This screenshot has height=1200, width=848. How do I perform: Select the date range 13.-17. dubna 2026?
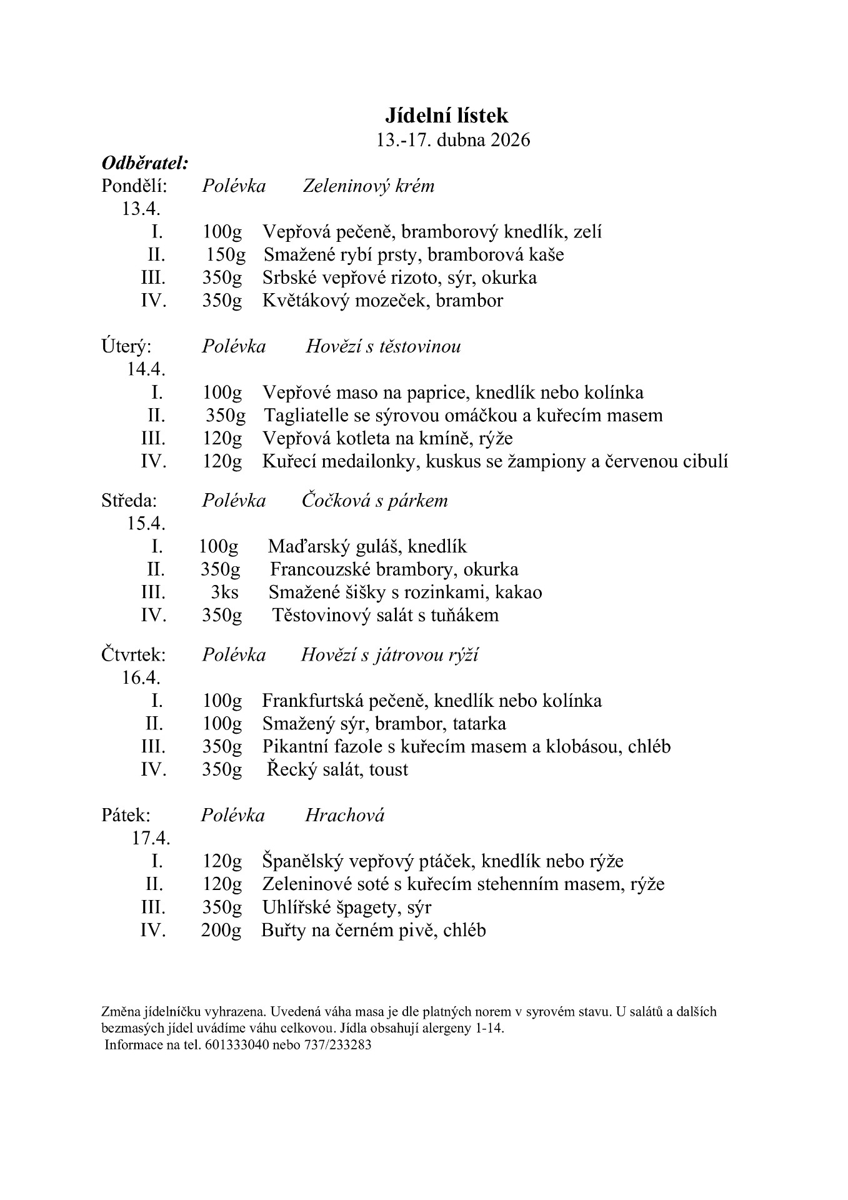pos(453,139)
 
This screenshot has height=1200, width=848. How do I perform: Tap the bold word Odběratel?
pos(144,163)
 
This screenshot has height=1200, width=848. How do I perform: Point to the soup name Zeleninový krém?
pos(368,186)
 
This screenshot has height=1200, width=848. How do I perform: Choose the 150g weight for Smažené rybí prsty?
pos(226,255)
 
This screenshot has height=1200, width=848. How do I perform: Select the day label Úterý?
pos(126,347)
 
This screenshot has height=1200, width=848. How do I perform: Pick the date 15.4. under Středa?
pos(146,523)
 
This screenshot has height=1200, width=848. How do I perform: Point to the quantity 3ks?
pos(224,592)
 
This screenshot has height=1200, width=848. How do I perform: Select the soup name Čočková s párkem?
pos(374,501)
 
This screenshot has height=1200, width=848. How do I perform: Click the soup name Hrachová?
pos(344,816)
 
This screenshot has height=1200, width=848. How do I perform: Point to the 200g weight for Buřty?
pos(221,931)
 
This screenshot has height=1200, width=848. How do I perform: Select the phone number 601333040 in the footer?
pos(236,1045)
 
